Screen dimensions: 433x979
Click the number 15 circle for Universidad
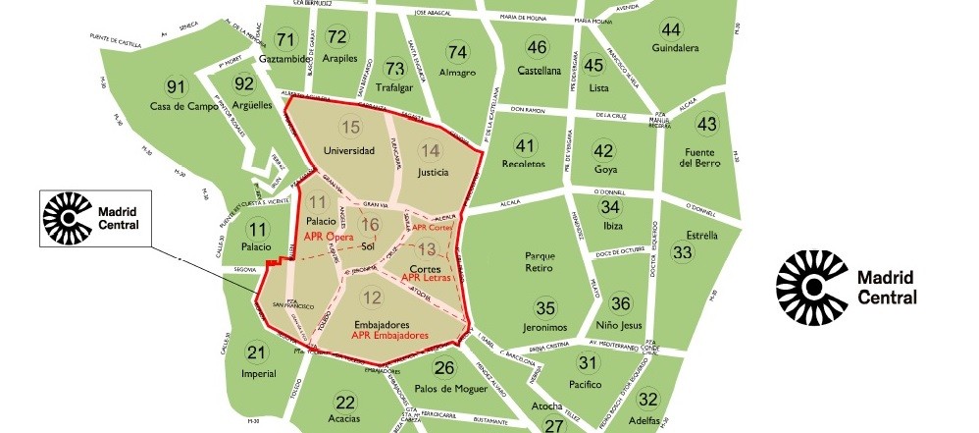click(350, 126)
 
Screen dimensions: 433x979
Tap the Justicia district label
click(432, 173)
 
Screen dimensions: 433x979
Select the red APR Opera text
click(329, 237)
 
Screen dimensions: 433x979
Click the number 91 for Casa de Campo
click(176, 85)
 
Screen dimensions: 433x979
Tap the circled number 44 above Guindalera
click(671, 27)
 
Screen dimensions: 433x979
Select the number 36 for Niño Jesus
click(620, 303)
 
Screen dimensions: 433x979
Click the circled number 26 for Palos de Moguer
click(444, 368)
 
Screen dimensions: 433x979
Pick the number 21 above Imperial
click(256, 353)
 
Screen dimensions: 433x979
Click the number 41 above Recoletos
click(525, 146)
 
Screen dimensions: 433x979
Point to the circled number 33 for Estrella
click(683, 252)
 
